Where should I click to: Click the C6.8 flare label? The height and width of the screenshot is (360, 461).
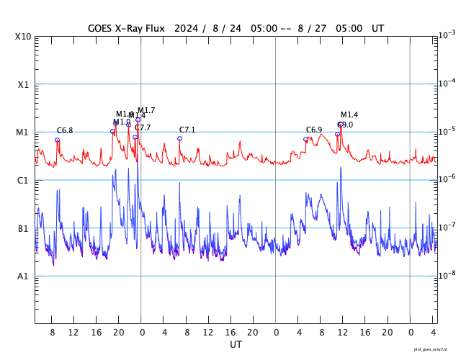[65, 130]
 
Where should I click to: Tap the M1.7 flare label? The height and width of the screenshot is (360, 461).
[146, 110]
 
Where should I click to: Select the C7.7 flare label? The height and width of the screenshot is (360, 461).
[143, 127]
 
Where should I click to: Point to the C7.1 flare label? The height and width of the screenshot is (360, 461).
[187, 130]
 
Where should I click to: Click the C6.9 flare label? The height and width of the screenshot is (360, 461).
[314, 130]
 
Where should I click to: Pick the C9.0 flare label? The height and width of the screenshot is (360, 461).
[345, 125]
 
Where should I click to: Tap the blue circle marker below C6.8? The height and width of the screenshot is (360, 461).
[58, 140]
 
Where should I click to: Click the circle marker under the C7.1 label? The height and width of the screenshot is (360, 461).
[180, 138]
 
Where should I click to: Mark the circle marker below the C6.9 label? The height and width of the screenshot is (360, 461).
[306, 139]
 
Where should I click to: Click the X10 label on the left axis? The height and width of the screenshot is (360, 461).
[23, 37]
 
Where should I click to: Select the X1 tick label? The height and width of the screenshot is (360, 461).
[23, 84]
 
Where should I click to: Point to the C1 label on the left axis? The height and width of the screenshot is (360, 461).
[23, 180]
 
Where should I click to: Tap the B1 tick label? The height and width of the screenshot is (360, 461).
[23, 228]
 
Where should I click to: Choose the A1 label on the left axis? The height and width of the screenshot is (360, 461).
[23, 276]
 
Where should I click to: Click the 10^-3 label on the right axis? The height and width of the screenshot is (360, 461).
[447, 35]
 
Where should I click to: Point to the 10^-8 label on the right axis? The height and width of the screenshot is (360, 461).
[447, 274]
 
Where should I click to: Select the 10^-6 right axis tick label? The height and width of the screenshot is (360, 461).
[447, 179]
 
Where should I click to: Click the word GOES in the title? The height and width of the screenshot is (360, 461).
[102, 28]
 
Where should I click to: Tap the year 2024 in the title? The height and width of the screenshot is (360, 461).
[187, 28]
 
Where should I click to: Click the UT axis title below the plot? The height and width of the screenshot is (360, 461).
[236, 344]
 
